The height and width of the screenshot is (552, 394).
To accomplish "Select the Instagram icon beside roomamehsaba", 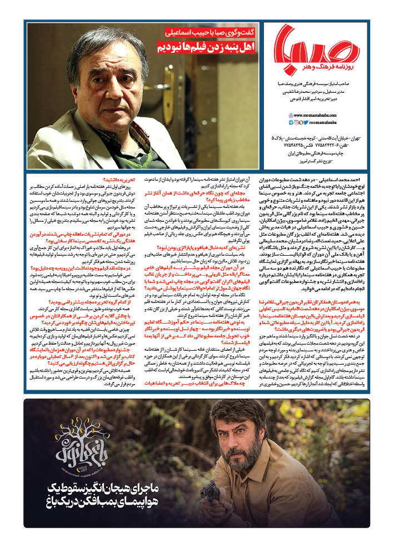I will point(296,122).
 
